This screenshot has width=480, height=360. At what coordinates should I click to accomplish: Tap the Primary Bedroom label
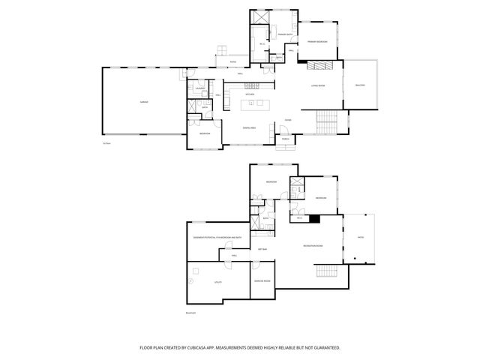click(x=316, y=42)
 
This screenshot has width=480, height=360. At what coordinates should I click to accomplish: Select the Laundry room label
click(x=200, y=88)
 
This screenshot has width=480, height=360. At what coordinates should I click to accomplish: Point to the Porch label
click(x=286, y=139)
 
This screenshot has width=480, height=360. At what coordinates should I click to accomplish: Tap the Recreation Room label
click(x=313, y=246)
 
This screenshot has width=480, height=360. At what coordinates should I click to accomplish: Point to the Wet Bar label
click(x=262, y=248)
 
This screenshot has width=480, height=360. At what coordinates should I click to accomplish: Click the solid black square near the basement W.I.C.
click(x=313, y=219)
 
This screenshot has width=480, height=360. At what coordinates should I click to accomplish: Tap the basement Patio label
click(x=360, y=237)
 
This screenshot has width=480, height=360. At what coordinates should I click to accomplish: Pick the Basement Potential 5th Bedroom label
click(x=217, y=237)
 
